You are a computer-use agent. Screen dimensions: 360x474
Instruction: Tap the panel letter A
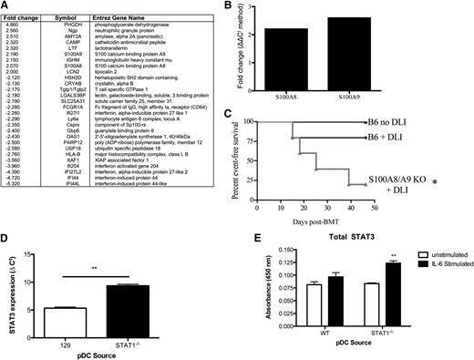pos(7,6)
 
